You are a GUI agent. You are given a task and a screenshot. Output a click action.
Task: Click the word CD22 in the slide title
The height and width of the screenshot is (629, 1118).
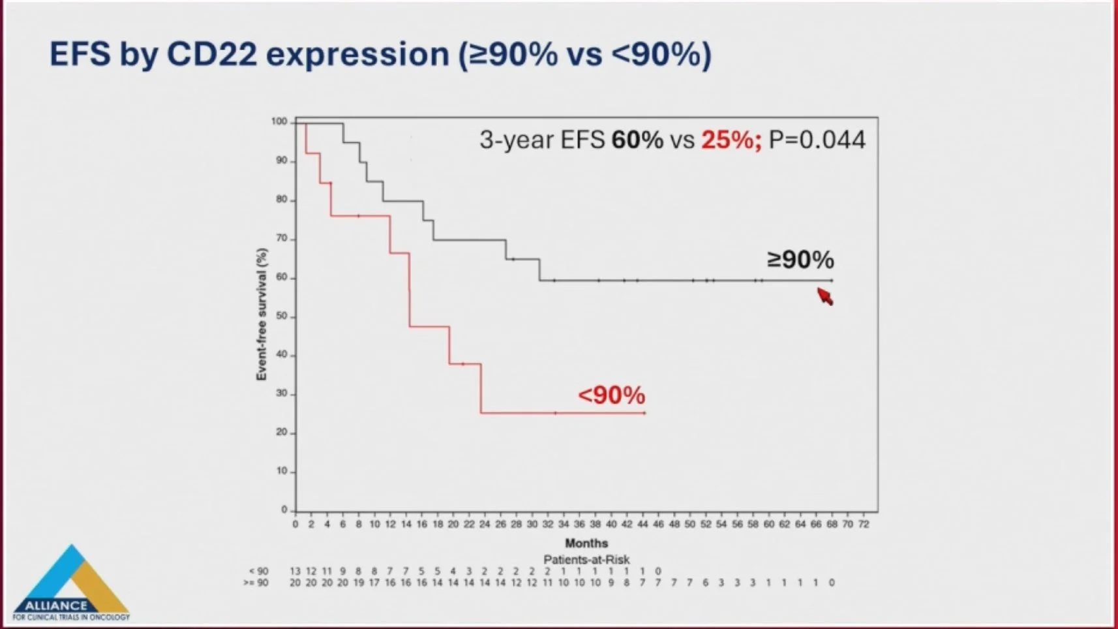(x=211, y=54)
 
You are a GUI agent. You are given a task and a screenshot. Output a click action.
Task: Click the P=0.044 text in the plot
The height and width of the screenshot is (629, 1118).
(x=817, y=140)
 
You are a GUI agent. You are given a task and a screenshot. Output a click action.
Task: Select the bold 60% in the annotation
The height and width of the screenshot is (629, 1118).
(x=637, y=140)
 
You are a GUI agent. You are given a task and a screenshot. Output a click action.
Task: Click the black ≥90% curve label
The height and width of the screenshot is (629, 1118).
(x=800, y=260)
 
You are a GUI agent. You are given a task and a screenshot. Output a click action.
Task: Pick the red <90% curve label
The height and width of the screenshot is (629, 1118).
(x=611, y=395)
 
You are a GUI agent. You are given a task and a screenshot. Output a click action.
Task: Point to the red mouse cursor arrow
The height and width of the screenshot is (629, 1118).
(x=825, y=296)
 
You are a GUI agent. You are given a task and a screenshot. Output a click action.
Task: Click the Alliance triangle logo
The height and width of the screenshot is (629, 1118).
(x=71, y=583)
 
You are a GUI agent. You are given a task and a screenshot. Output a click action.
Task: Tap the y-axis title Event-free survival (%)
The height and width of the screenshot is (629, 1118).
(x=262, y=314)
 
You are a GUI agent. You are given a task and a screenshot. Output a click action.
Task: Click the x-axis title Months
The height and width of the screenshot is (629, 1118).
(x=586, y=543)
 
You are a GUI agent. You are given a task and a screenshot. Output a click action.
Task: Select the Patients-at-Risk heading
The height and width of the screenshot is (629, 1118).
(x=586, y=559)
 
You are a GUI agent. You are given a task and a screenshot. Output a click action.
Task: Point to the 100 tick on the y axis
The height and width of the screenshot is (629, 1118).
(x=279, y=121)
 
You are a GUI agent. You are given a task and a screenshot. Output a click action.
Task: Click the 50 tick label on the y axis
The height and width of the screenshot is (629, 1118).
(x=281, y=316)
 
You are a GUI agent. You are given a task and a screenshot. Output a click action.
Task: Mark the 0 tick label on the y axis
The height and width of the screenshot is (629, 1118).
(x=284, y=510)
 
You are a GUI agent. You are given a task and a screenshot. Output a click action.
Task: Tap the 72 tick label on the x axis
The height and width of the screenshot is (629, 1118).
(x=863, y=524)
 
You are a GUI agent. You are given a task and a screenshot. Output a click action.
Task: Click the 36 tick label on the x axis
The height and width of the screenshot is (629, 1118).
(x=579, y=524)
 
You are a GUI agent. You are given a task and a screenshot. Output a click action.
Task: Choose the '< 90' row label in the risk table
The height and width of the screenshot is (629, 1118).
(x=258, y=571)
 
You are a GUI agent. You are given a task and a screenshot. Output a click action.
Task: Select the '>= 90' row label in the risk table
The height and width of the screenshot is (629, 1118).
(x=256, y=582)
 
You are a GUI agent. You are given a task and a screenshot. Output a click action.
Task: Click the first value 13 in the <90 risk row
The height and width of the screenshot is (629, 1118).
(x=295, y=571)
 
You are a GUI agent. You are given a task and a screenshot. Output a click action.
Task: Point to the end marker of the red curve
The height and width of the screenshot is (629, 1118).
(x=644, y=413)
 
